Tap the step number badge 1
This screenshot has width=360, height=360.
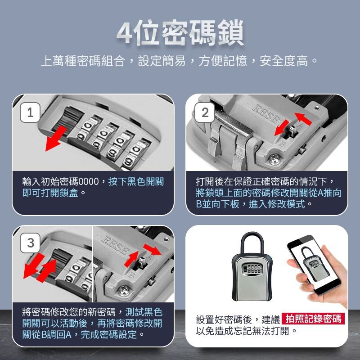tap(30, 113)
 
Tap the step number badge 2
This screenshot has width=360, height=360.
tap(205, 113)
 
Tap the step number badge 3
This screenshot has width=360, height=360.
tap(30, 243)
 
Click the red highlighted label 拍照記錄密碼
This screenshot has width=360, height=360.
tap(313, 319)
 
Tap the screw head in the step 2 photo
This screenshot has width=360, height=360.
tap(274, 157)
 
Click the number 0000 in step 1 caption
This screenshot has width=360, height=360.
tap(91, 182)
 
